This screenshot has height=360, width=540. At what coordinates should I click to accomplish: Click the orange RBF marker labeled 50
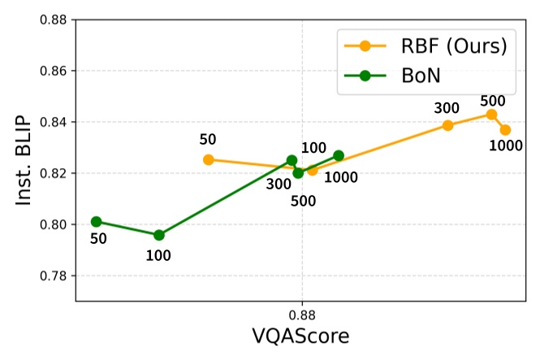(209, 159)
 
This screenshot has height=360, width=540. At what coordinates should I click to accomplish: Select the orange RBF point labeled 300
(447, 125)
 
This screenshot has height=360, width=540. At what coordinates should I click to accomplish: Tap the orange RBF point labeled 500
(491, 115)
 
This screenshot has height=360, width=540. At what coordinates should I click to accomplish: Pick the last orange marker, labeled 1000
(505, 130)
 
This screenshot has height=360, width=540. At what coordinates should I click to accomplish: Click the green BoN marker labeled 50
(97, 221)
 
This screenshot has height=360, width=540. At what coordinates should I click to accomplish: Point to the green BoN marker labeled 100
(159, 235)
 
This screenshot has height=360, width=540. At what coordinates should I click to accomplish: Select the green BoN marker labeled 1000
(339, 155)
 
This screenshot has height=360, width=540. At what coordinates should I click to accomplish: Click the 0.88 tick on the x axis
(302, 313)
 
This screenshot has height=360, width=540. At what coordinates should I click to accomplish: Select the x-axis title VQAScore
(302, 336)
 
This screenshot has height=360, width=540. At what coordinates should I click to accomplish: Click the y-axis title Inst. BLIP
(24, 158)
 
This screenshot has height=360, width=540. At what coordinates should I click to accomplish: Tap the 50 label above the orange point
(208, 139)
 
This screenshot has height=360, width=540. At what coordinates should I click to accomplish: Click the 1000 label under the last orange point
(505, 147)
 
